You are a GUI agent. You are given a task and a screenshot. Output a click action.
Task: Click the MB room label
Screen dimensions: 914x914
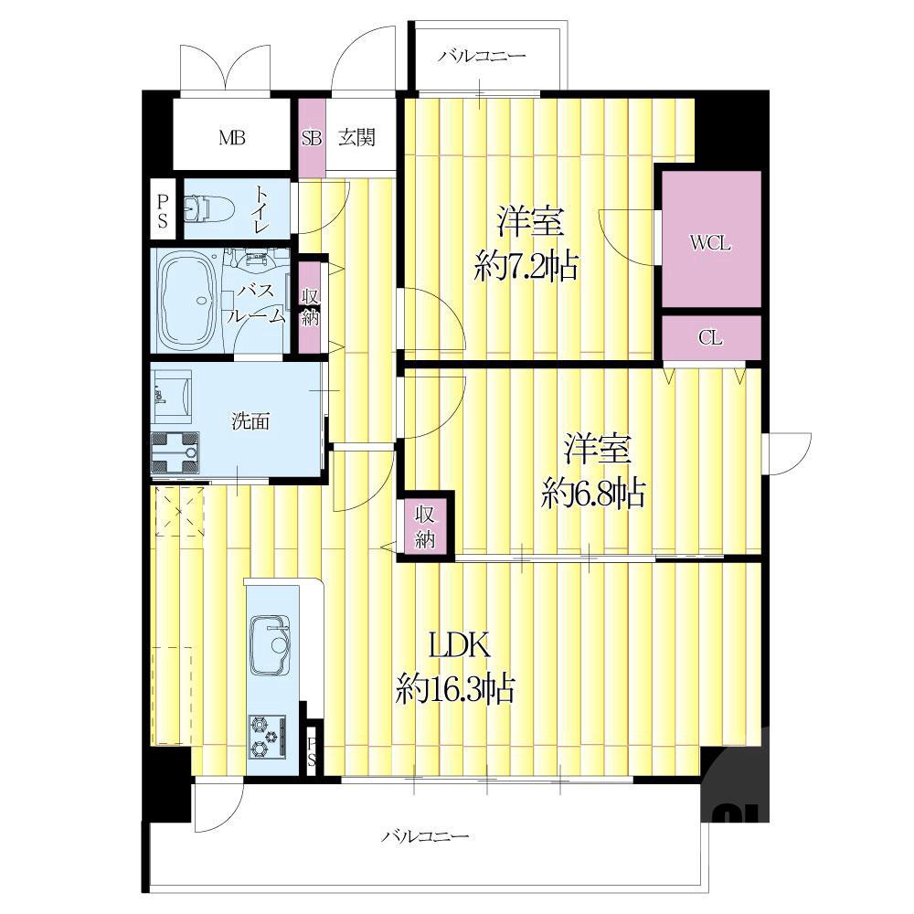[231, 138]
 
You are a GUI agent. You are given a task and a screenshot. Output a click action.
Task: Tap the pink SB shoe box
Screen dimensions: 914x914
[312, 138]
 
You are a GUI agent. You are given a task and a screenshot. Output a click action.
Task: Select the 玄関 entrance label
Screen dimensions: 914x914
[356, 138]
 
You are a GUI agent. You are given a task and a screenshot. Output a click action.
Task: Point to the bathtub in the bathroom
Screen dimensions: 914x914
[186, 301]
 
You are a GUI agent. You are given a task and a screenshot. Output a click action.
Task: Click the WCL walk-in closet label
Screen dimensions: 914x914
[710, 243]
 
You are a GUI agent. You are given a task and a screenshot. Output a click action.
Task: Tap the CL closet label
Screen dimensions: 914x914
[710, 338]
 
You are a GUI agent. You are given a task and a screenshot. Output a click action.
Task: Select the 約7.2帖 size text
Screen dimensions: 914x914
[526, 268]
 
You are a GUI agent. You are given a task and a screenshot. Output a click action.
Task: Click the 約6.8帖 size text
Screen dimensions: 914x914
[593, 494]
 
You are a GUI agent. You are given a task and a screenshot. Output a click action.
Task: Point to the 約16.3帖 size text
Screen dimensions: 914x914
[455, 688]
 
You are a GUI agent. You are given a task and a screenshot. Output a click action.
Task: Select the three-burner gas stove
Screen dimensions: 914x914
[268, 737]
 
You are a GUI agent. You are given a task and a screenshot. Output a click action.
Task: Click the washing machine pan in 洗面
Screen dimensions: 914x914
[175, 453]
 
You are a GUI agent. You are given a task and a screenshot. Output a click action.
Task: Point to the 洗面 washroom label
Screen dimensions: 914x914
[250, 420]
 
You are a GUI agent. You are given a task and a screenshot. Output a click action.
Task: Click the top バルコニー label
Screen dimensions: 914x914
[483, 56]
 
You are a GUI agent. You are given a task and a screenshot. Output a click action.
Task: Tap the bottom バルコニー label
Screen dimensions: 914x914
[425, 837]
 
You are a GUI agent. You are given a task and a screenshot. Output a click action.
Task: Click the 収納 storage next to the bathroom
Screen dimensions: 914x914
[310, 306]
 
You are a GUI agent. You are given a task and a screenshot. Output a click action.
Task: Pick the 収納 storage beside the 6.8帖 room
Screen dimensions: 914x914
[425, 527]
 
